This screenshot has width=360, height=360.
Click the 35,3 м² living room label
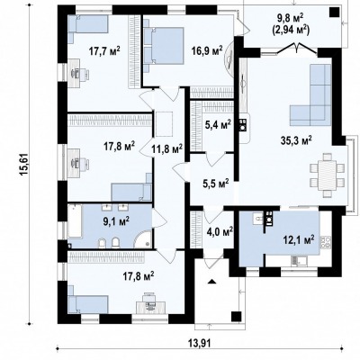pyautogui.click(x=296, y=139)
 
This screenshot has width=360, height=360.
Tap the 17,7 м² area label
pyautogui.click(x=104, y=50)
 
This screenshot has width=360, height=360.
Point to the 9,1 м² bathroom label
pyautogui.click(x=116, y=221)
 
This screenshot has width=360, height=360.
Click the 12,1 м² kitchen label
pyautogui.click(x=299, y=239)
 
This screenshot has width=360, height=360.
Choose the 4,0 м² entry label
pyautogui.click(x=220, y=231)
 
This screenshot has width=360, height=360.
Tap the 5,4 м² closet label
pyautogui.click(x=218, y=124)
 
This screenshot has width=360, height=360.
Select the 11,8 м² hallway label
pyautogui.click(x=167, y=148)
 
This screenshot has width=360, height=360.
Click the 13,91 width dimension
pyautogui.click(x=200, y=343)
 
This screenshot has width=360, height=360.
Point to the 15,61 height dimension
pyautogui.click(x=25, y=165)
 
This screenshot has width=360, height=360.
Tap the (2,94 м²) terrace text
pyautogui.click(x=291, y=30)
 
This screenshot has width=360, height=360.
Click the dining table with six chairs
pyautogui.click(x=327, y=175)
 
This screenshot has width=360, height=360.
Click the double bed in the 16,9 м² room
pyautogui.click(x=163, y=46)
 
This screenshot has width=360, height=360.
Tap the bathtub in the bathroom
pyautogui.click(x=75, y=221)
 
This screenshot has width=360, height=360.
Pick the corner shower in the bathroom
pyautogui.click(x=143, y=239)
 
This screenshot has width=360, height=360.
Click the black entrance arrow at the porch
pyautogui.click(x=211, y=282)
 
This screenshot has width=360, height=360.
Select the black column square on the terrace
pyautogui.click(x=334, y=13)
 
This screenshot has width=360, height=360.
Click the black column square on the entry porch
pyautogui.click(x=236, y=317)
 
